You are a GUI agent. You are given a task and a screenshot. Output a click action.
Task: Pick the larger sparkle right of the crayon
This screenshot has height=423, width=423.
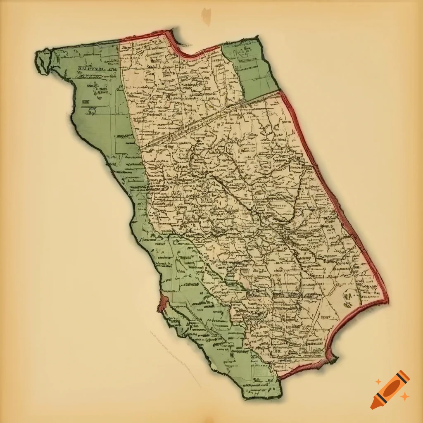coord(405,396)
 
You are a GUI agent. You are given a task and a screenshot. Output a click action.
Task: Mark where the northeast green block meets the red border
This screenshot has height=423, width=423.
coord(279,90)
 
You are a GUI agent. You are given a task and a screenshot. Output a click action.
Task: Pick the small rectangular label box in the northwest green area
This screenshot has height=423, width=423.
coord(86,101)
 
